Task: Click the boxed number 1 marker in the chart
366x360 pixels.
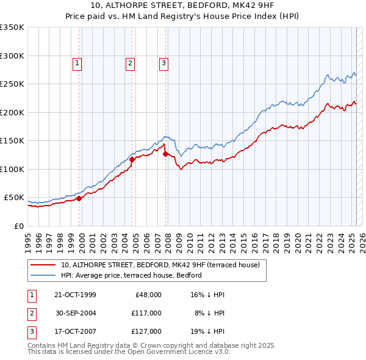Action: point(77,62)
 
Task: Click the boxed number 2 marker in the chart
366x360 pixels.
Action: point(131,62)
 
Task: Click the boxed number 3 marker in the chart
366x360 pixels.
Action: point(164,62)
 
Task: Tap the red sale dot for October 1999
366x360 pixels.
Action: point(79,198)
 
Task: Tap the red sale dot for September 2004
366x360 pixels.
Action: point(132,159)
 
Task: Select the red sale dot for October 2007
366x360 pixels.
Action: point(166,154)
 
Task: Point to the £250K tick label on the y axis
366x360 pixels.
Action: point(12,84)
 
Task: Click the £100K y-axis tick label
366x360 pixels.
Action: point(12,169)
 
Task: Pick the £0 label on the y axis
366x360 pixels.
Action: point(18,226)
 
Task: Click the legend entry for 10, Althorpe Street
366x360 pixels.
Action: point(160,265)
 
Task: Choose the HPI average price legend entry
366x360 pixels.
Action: point(135,275)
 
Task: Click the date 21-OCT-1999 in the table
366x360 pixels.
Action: point(76,295)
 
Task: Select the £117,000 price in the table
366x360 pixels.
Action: point(146,314)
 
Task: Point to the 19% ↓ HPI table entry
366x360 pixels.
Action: point(207,333)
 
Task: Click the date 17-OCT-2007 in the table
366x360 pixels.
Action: point(76,333)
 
